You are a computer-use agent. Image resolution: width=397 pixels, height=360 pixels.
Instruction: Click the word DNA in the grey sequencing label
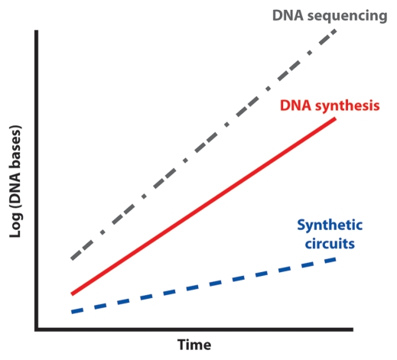(288, 15)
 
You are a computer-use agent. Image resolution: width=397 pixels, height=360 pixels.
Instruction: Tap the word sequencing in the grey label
(347, 17)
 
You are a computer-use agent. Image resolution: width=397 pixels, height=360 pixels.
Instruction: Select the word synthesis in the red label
(347, 106)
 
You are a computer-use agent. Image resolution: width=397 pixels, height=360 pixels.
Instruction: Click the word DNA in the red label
(295, 105)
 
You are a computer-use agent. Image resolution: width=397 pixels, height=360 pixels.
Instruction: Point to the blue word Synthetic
(330, 225)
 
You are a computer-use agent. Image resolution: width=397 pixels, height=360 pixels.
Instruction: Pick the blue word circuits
(330, 244)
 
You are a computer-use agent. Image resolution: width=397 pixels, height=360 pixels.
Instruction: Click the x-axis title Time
(194, 345)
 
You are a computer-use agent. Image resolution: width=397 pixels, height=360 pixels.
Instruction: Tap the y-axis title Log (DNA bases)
(15, 181)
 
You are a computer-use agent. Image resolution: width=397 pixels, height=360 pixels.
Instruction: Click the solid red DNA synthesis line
(203, 206)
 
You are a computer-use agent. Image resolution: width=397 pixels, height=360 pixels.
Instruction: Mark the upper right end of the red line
(336, 118)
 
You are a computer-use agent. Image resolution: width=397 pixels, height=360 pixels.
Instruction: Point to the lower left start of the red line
(72, 294)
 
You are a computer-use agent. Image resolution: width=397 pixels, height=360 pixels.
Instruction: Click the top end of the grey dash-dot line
(336, 31)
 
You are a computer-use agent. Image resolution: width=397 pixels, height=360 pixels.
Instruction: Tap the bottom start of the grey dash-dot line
(72, 259)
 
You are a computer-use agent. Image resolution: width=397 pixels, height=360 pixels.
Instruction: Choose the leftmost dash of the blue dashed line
(77, 311)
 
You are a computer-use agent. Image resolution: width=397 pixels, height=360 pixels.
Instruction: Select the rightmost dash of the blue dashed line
(330, 261)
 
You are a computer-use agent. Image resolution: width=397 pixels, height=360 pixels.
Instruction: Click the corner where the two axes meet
(37, 329)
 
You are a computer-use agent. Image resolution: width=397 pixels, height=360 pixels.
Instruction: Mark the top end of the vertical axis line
(37, 31)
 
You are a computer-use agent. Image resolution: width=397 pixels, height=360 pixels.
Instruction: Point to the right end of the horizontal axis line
(353, 329)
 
